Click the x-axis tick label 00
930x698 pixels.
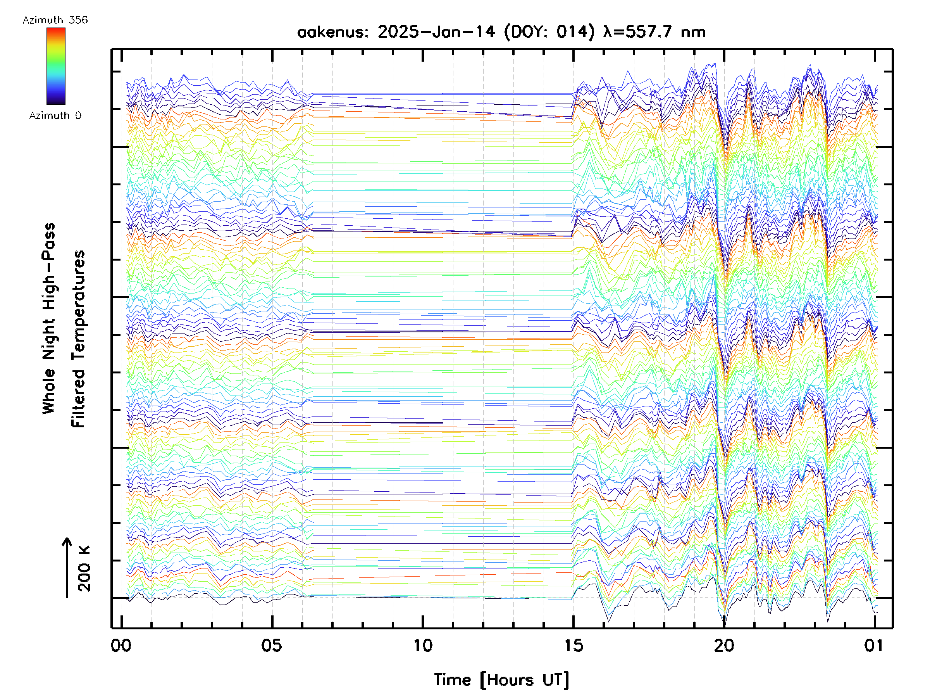tap(121, 645)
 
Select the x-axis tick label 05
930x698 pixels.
tap(272, 645)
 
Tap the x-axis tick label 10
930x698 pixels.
tap(422, 645)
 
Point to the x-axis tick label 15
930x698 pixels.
tap(573, 645)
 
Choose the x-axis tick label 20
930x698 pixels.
tap(724, 645)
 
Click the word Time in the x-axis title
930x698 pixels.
tap(452, 679)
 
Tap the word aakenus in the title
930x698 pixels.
tap(333, 32)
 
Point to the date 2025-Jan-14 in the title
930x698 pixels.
tap(436, 32)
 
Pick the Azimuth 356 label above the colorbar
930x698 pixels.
tap(55, 20)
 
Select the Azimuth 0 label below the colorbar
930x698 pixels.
tap(55, 115)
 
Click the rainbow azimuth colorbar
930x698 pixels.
tap(56, 66)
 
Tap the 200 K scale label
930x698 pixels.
tap(84, 568)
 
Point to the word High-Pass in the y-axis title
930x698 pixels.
tap(49, 266)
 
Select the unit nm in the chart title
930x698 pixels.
tap(693, 32)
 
